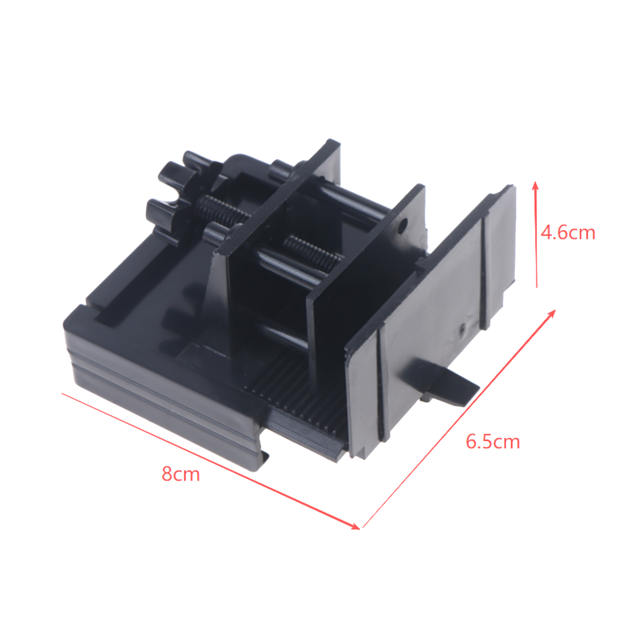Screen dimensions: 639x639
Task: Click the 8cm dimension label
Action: tap(181, 474)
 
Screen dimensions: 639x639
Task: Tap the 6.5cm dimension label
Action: tap(493, 442)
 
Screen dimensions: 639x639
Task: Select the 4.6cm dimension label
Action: tap(568, 232)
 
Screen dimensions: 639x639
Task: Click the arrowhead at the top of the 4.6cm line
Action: tap(536, 186)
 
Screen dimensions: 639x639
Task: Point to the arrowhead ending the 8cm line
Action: tap(355, 526)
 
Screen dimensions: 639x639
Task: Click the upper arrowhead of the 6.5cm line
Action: tap(552, 313)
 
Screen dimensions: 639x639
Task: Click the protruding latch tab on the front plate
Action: tap(443, 380)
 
